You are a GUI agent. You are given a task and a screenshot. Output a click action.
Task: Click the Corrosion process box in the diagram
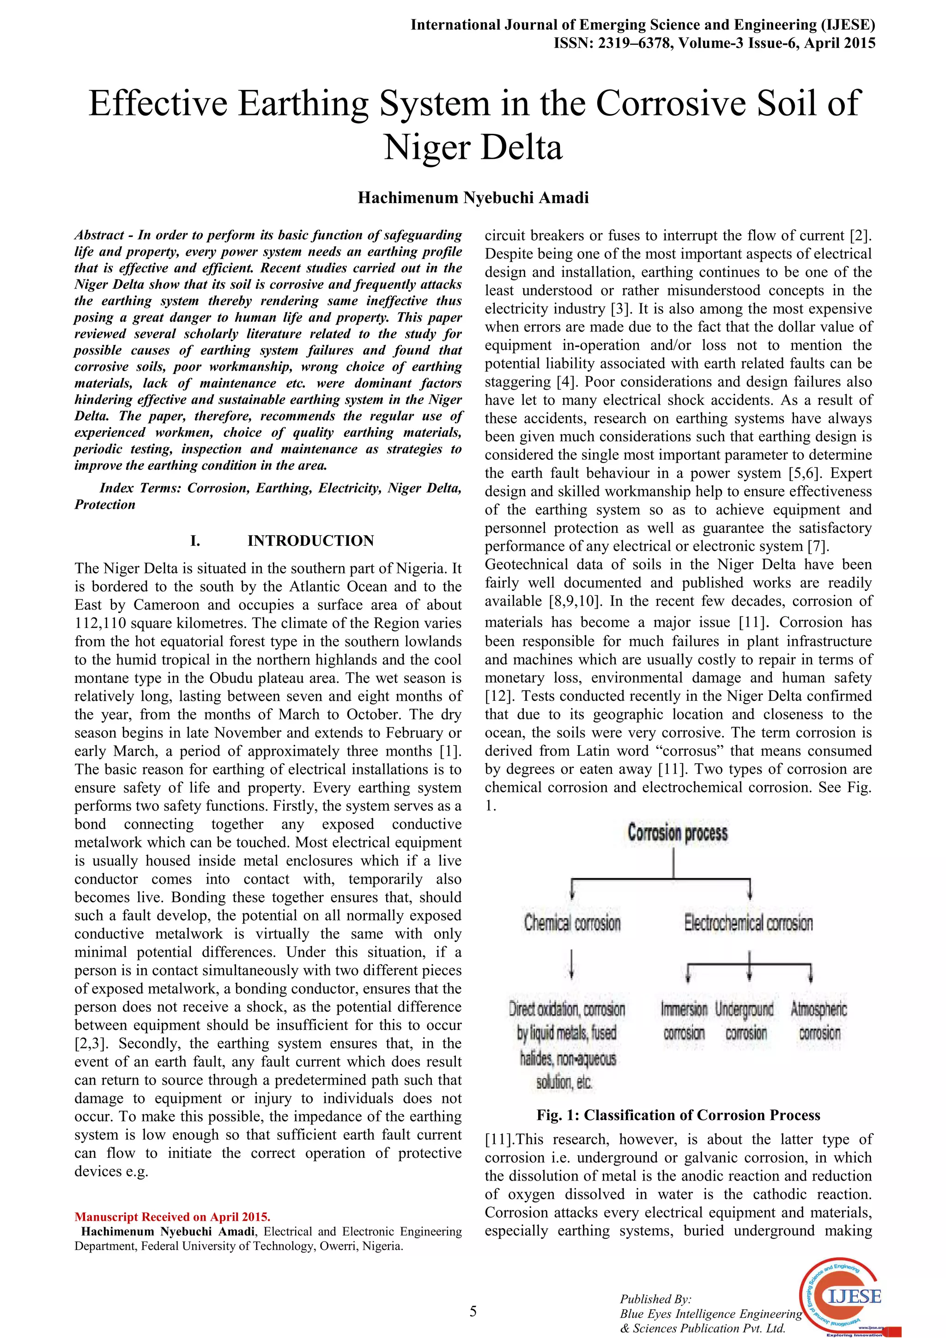click(677, 833)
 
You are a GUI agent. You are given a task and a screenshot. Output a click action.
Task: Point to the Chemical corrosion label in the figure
click(572, 923)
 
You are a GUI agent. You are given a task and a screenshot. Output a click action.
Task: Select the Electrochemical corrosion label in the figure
click(748, 923)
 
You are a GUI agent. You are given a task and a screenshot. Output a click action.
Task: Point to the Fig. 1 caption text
click(678, 1115)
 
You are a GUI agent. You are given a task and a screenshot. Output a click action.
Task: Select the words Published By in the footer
click(655, 1299)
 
